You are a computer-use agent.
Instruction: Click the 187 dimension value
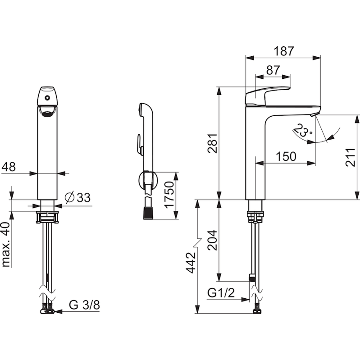click(284, 51)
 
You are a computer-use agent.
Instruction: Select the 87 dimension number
click(273, 70)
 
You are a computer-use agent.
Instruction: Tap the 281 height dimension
click(212, 143)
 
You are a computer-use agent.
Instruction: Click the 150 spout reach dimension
click(286, 157)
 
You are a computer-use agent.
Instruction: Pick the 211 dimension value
click(351, 157)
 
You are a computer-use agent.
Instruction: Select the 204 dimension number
click(212, 240)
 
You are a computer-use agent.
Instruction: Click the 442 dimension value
click(191, 263)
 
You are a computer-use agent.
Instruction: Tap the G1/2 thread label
click(221, 293)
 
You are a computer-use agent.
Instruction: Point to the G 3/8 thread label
click(85, 305)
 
